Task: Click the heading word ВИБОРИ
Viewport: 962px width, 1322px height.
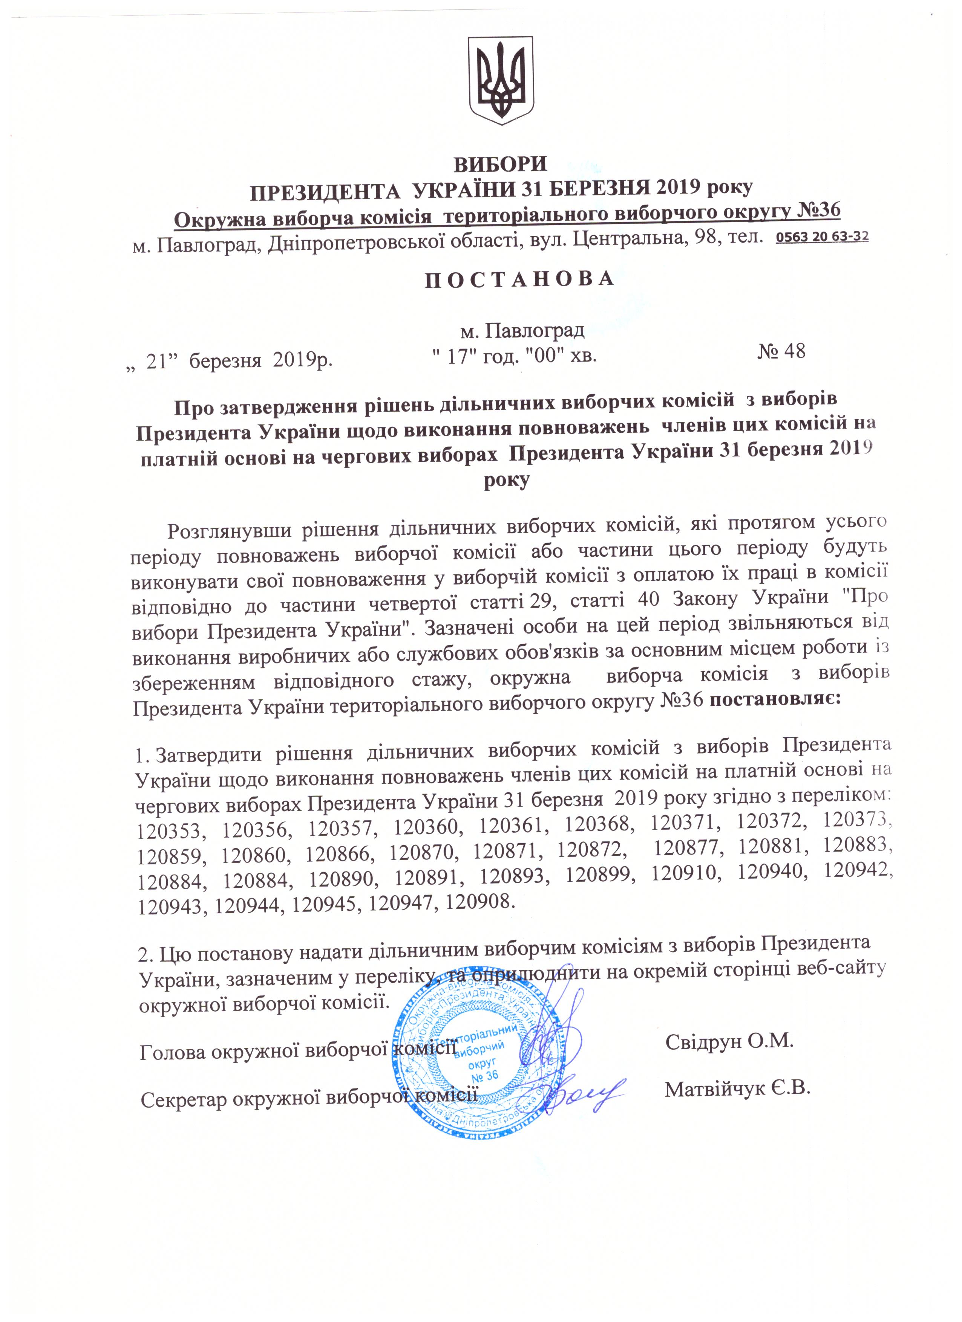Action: tap(501, 164)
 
